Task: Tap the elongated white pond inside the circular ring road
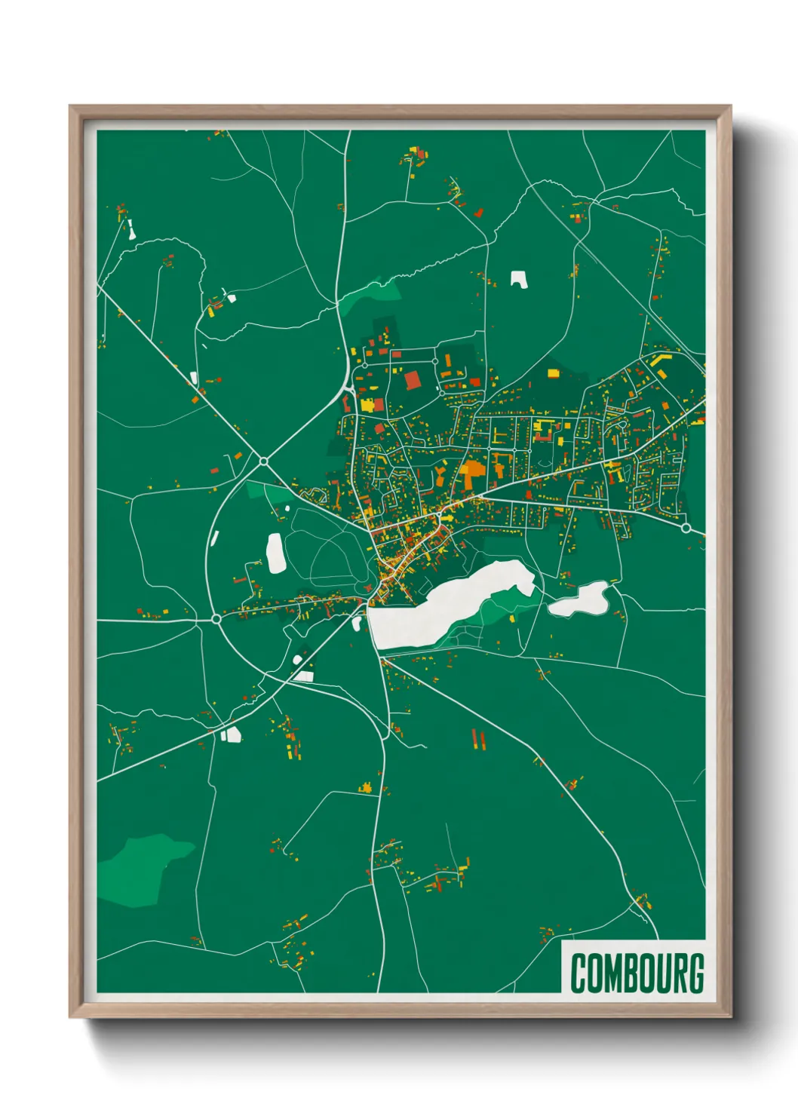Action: click(x=276, y=553)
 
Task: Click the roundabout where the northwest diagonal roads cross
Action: click(x=263, y=461)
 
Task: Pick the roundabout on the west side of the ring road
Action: click(x=216, y=618)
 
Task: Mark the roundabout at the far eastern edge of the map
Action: click(x=686, y=529)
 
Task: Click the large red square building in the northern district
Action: click(x=412, y=379)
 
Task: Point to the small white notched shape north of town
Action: click(x=518, y=279)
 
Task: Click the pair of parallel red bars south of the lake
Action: click(x=477, y=739)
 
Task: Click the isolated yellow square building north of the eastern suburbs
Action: click(x=553, y=373)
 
